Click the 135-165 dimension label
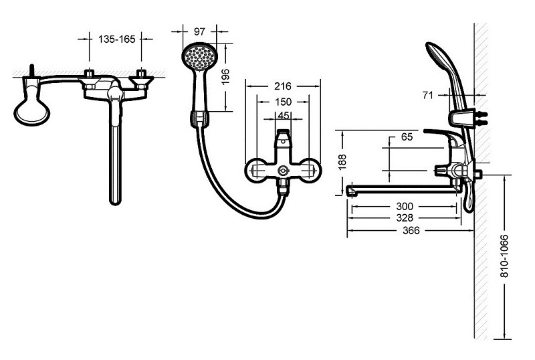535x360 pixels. tap(116, 39)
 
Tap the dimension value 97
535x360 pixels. tap(199, 31)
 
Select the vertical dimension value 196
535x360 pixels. tap(225, 77)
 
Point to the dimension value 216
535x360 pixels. tap(283, 86)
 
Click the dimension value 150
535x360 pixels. tap(283, 102)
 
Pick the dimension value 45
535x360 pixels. tap(283, 116)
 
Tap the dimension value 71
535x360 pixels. tap(427, 95)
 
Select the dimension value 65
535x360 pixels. tap(407, 137)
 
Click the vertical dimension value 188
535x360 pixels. tap(343, 161)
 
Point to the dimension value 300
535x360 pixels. tap(405, 206)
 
